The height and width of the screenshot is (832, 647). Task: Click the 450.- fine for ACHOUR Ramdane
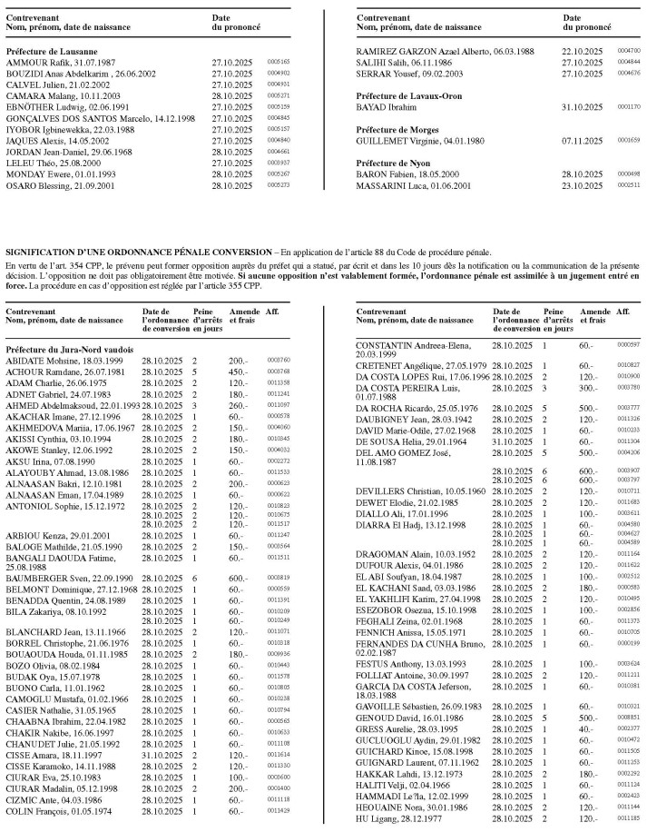[239, 371]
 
